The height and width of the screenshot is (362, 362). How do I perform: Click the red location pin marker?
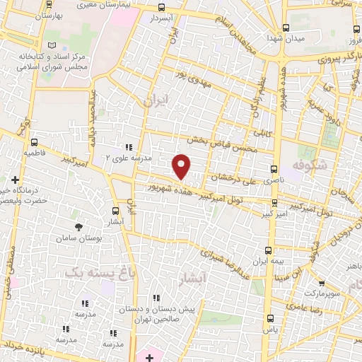tap(182, 167)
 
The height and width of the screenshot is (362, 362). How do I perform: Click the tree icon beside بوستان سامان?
tap(78, 228)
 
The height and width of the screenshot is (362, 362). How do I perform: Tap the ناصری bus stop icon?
tap(274, 170)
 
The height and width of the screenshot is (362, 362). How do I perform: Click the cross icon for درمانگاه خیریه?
tap(15, 180)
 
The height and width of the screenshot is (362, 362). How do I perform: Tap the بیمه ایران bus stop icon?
tap(267, 250)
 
